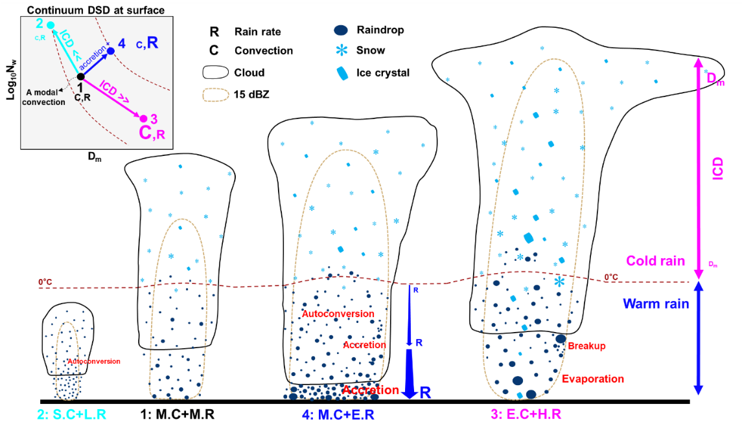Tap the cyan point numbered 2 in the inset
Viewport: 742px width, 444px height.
click(x=51, y=26)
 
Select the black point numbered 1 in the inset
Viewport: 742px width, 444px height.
click(x=80, y=76)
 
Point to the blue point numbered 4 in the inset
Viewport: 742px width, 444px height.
click(x=111, y=50)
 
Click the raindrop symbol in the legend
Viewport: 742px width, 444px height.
click(x=341, y=30)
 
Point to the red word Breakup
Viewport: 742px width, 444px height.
click(x=586, y=346)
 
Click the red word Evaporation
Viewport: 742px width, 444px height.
click(x=592, y=379)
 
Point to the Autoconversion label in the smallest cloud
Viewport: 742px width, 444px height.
click(x=93, y=361)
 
